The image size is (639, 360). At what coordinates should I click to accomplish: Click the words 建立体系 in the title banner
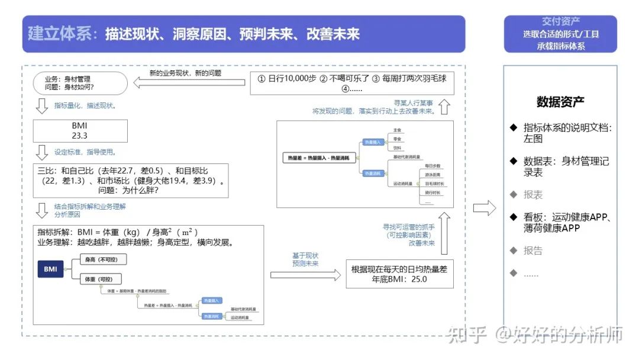(x=60, y=33)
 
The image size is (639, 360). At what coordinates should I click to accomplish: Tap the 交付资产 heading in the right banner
(x=560, y=22)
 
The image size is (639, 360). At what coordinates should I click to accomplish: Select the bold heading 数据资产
(x=560, y=102)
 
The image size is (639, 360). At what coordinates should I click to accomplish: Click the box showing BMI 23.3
(x=80, y=130)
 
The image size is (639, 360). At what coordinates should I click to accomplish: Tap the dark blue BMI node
(x=51, y=269)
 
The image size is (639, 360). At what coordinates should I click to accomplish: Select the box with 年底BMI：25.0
(x=399, y=274)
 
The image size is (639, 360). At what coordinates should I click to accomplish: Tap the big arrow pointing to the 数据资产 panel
(x=485, y=208)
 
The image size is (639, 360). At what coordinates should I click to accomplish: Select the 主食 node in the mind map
(x=398, y=130)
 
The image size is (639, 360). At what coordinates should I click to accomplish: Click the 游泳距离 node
(x=434, y=175)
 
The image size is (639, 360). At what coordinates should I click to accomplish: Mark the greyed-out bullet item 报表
(x=532, y=194)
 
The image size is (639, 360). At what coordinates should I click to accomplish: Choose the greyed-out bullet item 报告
(x=532, y=250)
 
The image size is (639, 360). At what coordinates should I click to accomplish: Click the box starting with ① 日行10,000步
(x=351, y=83)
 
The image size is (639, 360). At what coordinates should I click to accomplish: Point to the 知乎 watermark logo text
(x=467, y=335)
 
